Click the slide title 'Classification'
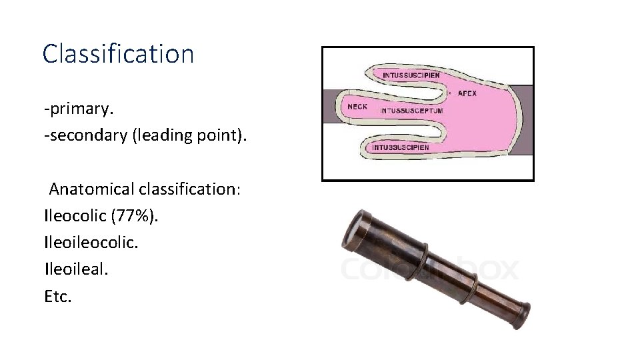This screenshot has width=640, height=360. (118, 53)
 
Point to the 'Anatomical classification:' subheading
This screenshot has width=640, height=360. (145, 189)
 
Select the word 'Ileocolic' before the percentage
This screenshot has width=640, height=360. (73, 216)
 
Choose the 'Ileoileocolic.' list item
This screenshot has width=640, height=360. (91, 243)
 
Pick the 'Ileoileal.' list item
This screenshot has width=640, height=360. (75, 269)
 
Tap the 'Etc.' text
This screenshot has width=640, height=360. (57, 296)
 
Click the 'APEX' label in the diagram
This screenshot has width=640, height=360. (467, 93)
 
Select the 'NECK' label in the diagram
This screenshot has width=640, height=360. (358, 107)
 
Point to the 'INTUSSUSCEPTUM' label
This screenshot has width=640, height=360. (411, 111)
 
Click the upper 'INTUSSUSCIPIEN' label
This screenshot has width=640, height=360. (411, 75)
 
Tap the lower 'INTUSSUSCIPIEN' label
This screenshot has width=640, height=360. (401, 147)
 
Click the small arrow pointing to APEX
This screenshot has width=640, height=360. (451, 93)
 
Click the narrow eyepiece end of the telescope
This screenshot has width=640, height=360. (519, 311)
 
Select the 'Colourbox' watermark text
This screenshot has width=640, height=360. (429, 269)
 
